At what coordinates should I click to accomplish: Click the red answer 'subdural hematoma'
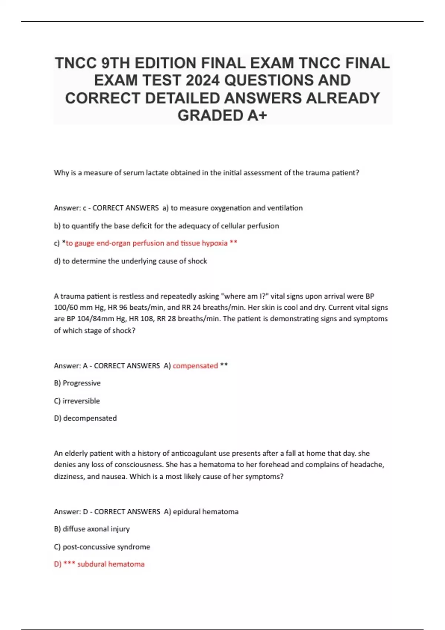click(111, 564)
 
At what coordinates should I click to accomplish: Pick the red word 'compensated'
click(195, 366)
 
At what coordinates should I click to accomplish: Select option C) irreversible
click(77, 401)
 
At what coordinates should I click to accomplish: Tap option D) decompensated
click(85, 418)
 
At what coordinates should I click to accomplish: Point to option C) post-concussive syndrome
click(102, 547)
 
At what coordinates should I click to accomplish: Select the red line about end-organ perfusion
click(146, 243)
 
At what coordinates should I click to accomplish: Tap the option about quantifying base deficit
click(167, 226)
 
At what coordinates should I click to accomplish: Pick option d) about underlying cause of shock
click(131, 261)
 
